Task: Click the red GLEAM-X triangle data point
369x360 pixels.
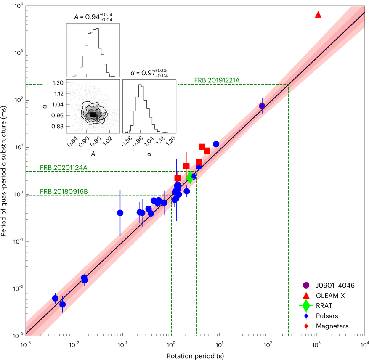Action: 318,15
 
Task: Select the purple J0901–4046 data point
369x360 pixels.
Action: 262,106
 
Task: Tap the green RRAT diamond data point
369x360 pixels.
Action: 190,177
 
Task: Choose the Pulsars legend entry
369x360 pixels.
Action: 331,315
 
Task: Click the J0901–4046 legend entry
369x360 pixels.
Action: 336,285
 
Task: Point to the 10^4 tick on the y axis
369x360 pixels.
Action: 15,6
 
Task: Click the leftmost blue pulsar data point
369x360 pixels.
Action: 55,298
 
